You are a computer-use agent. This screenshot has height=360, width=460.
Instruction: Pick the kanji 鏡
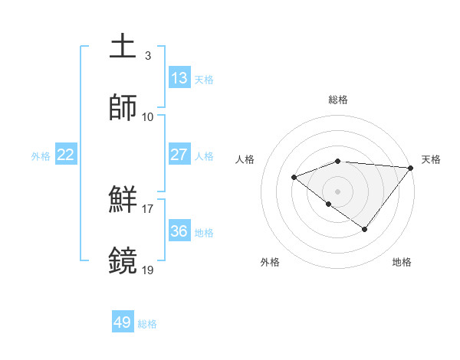point(124,260)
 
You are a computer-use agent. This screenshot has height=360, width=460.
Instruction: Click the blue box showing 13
point(179,77)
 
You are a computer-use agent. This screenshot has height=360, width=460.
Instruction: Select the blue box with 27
point(179,155)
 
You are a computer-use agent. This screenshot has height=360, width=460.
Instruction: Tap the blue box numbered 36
point(179,231)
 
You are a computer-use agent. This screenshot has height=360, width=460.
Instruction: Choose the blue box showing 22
point(66,155)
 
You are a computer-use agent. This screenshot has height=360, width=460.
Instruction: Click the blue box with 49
point(123,322)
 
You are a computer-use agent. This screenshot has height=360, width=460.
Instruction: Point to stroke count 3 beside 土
point(148,56)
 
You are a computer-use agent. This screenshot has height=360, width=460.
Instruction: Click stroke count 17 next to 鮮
point(148,208)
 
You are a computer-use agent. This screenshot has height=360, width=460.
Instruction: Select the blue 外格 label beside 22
point(41,156)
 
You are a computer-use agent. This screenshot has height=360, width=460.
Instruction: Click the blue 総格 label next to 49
point(147,324)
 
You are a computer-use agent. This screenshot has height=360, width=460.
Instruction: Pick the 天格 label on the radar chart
point(431,159)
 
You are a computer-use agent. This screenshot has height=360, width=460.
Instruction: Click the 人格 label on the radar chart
point(245,159)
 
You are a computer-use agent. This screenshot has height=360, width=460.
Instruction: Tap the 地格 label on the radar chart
point(402,262)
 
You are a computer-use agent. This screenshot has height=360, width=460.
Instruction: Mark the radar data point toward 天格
point(411,168)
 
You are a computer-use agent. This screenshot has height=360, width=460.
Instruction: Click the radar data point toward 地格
point(365,229)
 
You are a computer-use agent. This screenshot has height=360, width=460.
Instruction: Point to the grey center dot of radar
point(338,191)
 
